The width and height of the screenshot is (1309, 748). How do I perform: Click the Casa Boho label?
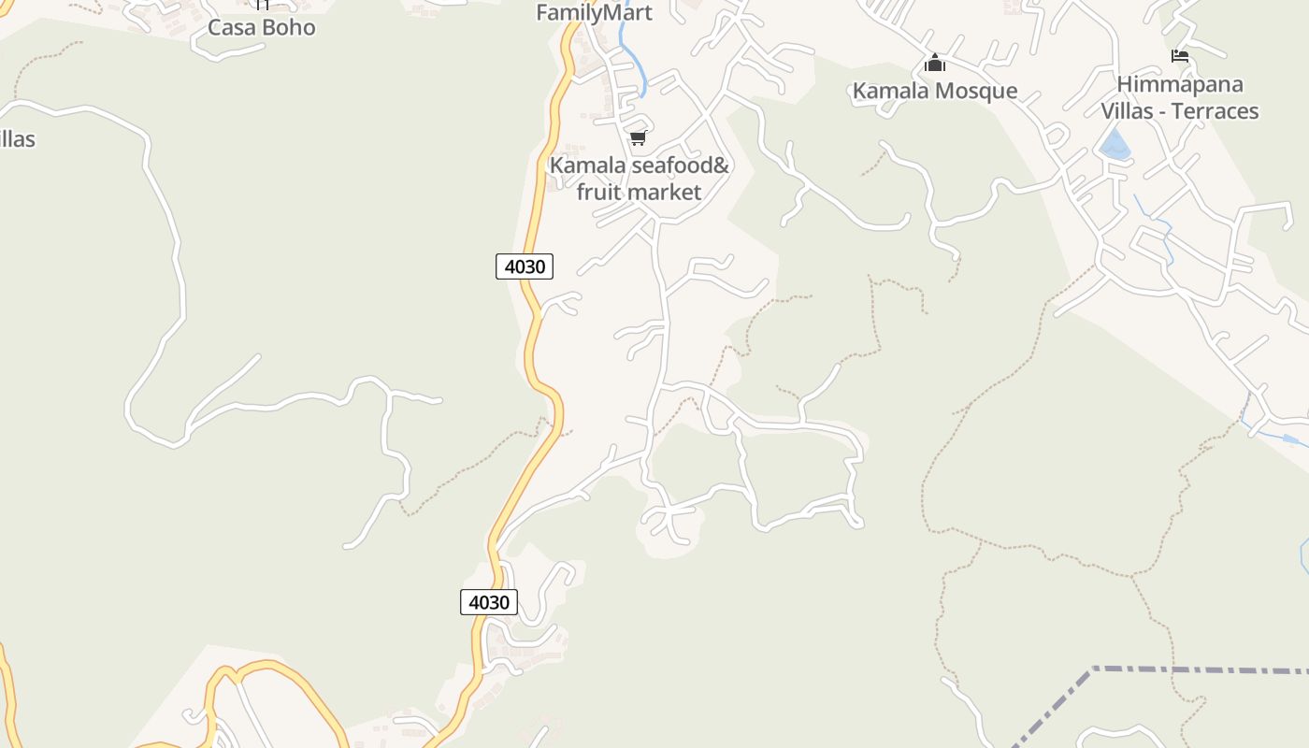261,27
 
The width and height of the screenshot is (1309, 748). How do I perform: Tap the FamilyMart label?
594,13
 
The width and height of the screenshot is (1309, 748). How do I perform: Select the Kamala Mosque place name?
934,91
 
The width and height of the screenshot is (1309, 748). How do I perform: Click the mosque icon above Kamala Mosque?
934,64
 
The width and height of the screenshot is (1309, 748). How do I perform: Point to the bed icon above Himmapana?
1180,56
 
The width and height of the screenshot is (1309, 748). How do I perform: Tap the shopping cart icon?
638,138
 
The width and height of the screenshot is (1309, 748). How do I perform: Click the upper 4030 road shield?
525,266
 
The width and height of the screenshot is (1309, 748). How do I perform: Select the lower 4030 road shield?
489,602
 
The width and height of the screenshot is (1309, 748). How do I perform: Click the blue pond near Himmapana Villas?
1114,146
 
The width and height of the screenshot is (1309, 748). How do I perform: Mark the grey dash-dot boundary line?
1197,670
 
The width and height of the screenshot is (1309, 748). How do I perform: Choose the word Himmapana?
1180,84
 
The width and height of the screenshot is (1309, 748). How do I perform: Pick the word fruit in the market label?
598,193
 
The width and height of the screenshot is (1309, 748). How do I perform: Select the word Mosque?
975,91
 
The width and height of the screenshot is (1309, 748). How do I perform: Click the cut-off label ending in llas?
16,139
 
